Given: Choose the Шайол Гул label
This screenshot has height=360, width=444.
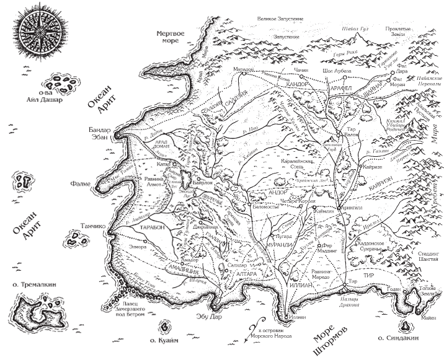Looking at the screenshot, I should point(355,29).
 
